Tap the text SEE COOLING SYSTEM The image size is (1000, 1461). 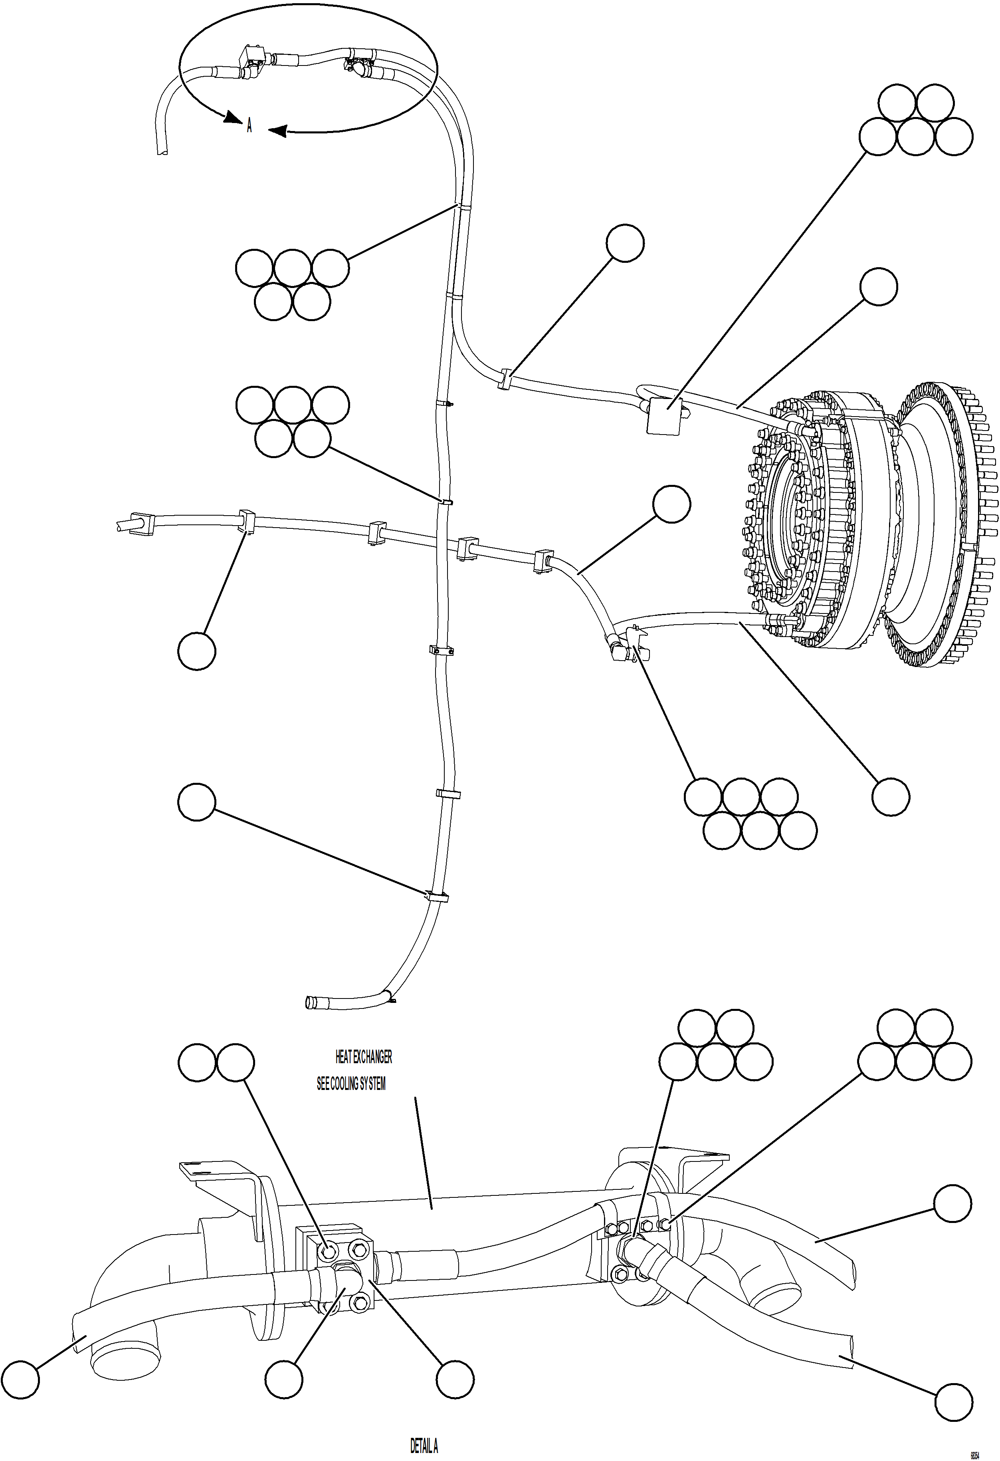pos(351,1084)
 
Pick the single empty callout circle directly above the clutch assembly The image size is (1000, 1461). pos(878,287)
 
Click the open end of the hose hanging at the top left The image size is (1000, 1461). pos(162,150)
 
